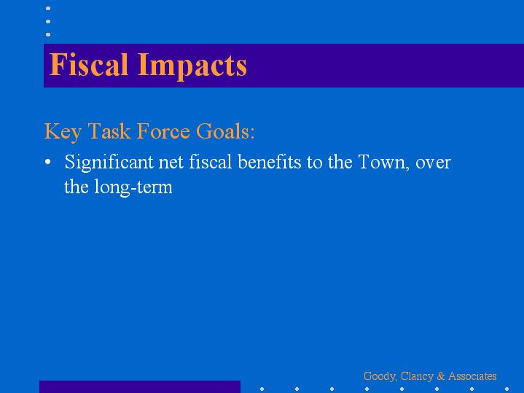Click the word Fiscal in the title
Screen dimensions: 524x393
pos(89,64)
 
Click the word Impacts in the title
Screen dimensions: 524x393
pos(192,66)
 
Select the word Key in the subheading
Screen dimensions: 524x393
pos(63,132)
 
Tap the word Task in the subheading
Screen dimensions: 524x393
pos(109,131)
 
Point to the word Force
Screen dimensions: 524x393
pos(163,131)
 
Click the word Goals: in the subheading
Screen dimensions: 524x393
pos(226,131)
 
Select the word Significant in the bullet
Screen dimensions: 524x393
pos(109,163)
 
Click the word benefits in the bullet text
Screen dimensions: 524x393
pos(270,162)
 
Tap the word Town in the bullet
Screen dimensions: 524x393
pos(384,163)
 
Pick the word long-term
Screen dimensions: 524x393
pos(133,187)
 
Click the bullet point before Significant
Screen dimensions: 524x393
pos(48,162)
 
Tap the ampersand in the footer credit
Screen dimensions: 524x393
pos(441,376)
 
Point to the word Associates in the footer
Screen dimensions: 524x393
pos(472,376)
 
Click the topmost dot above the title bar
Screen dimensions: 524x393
pos(48,8)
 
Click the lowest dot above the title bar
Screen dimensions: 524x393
pos(48,34)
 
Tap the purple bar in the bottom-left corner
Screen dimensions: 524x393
pos(140,386)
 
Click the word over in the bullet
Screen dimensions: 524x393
pos(433,163)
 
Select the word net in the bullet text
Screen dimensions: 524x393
pos(171,163)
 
